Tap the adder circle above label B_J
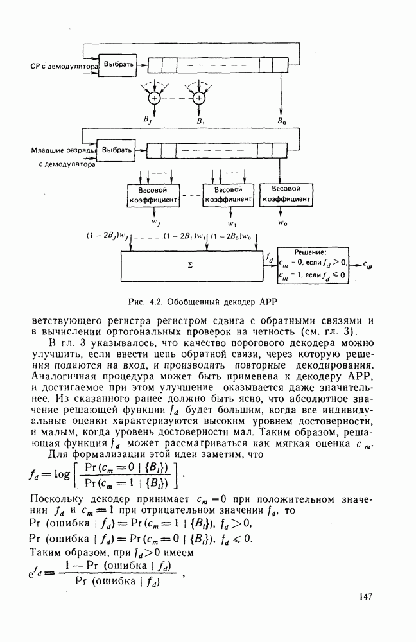(154, 98)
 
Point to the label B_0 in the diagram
(282, 121)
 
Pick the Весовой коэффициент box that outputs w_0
(286, 194)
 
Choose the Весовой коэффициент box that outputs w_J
(153, 195)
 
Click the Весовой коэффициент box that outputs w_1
(228, 195)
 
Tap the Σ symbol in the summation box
(190, 263)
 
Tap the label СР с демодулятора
(64, 66)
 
